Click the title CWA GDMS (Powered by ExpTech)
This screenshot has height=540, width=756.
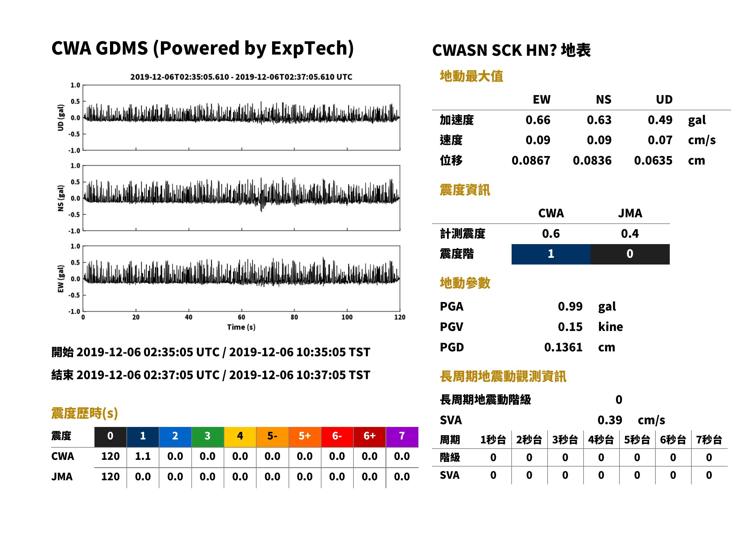(x=202, y=48)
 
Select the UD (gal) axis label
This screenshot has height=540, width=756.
(x=61, y=118)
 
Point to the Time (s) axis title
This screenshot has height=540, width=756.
(x=241, y=327)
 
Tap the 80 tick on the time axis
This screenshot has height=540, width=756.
(x=294, y=317)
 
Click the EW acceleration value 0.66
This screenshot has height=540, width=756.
(x=538, y=120)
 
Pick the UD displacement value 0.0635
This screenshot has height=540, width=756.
(x=653, y=161)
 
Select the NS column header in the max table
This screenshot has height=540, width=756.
(x=603, y=100)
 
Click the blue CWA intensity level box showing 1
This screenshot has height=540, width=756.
(x=551, y=254)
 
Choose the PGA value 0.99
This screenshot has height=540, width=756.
(x=570, y=306)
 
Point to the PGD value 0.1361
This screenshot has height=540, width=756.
(x=563, y=347)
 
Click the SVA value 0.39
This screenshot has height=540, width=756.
(x=610, y=420)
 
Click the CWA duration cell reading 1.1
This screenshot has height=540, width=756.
(x=143, y=457)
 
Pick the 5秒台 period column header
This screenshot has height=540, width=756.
(x=637, y=440)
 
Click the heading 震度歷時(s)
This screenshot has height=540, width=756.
(x=85, y=413)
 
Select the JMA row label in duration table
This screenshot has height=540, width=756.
(x=62, y=477)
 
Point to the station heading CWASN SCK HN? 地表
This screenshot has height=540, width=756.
(x=511, y=51)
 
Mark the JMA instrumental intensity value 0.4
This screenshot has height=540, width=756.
(x=630, y=234)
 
